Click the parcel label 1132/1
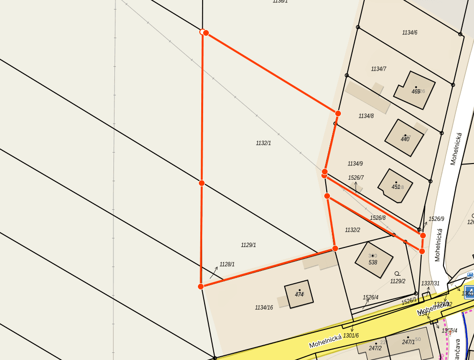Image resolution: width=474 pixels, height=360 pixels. tap(263, 143)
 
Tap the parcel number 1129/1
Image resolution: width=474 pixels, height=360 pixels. tap(248, 245)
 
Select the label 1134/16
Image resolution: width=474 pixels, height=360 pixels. tap(264, 308)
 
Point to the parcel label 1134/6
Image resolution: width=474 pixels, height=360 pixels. tap(410, 33)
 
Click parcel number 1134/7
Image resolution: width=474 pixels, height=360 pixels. tap(379, 69)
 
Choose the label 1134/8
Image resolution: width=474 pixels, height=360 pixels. tap(366, 116)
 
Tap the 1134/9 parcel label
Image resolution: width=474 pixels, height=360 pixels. tap(355, 164)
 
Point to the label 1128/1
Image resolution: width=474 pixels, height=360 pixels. tap(227, 264)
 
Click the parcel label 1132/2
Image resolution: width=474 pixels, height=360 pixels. tap(352, 230)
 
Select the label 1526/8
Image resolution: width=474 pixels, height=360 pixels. tap(378, 218)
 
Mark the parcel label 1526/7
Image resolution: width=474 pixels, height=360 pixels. tap(356, 178)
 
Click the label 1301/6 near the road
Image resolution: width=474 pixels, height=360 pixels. tap(350, 336)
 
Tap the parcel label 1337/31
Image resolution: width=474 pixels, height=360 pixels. tap(430, 283)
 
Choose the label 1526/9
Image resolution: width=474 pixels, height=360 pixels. tap(436, 219)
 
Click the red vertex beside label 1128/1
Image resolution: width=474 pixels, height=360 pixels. tap(201, 286)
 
